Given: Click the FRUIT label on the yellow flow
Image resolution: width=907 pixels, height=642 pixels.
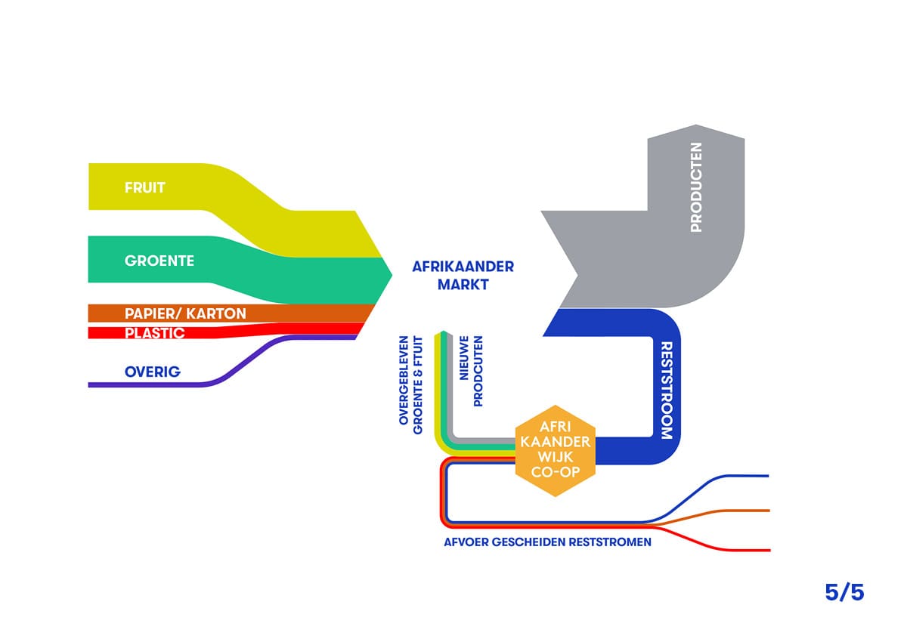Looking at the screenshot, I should tap(145, 187).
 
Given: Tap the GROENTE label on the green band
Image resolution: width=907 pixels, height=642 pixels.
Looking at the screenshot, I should tap(159, 261).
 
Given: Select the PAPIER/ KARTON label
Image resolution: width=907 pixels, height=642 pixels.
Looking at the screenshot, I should tap(185, 313).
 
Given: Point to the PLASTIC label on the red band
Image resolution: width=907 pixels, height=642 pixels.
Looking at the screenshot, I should tap(154, 332).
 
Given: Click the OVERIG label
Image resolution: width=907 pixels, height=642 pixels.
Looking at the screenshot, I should tap(153, 372).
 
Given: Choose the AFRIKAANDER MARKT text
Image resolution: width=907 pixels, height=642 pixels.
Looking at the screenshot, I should tap(463, 276).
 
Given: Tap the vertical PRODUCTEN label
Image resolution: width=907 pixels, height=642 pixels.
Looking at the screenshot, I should tap(696, 187).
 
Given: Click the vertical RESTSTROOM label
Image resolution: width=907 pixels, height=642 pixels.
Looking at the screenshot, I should tap(667, 390).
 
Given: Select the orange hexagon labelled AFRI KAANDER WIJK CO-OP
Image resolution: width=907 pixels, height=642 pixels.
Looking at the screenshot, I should tap(555, 451).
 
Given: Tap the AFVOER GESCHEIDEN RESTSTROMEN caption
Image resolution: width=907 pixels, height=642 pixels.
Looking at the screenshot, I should tap(548, 542).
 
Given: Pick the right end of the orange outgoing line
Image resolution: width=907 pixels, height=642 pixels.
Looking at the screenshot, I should tap(766, 511).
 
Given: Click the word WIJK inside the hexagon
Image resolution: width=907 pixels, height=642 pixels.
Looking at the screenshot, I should tap(555, 458).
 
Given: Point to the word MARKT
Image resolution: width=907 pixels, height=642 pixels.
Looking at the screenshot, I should tap(463, 286).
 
